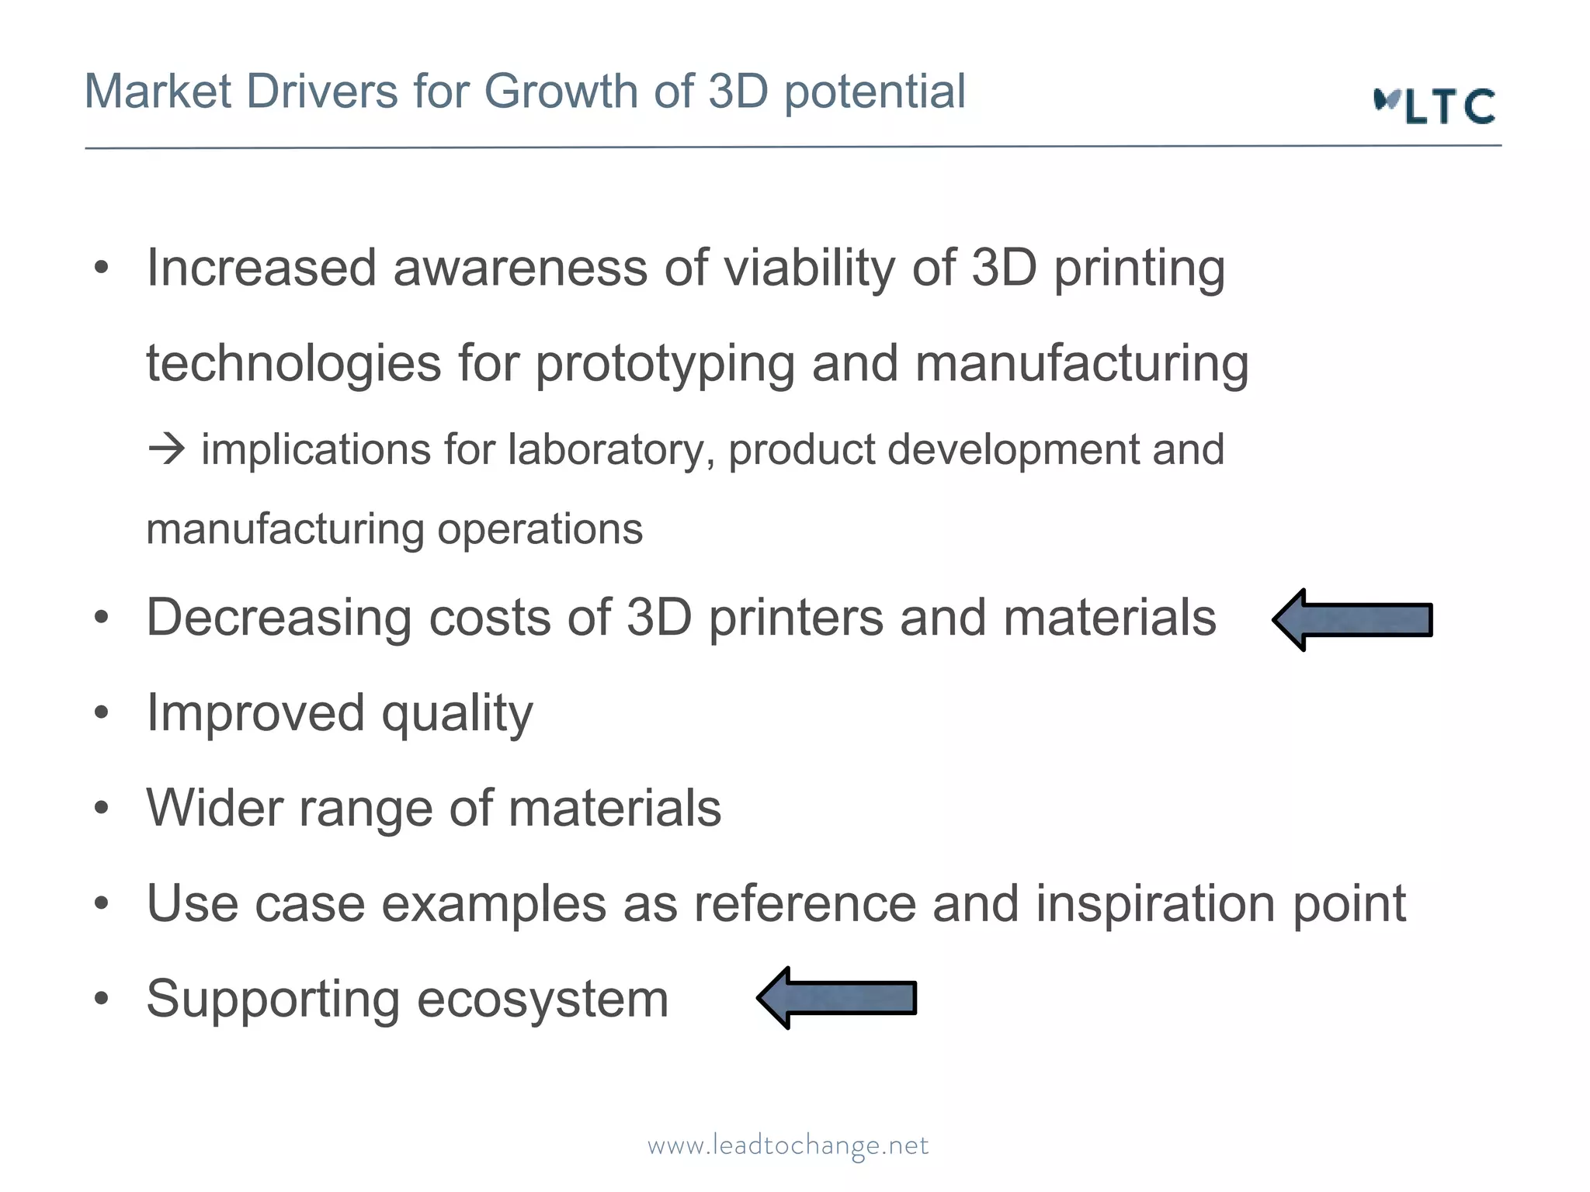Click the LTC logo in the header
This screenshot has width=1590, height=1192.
click(1435, 106)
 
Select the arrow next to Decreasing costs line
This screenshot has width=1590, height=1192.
click(1352, 619)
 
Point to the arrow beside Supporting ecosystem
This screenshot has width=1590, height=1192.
click(837, 998)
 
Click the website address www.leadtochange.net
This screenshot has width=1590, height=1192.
click(788, 1145)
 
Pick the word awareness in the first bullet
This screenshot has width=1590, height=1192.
click(519, 269)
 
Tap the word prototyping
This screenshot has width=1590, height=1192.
click(665, 365)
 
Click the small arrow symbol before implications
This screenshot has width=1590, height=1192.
click(167, 449)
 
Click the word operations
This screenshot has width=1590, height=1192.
click(540, 529)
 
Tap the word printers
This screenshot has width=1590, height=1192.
click(795, 619)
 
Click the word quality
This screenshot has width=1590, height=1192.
click(457, 714)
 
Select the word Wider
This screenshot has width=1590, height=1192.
click(214, 808)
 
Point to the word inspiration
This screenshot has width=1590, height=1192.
click(1154, 904)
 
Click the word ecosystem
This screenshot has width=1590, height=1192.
click(542, 999)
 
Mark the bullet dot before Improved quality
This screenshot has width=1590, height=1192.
click(101, 713)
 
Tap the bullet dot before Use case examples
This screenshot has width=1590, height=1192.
click(101, 903)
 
